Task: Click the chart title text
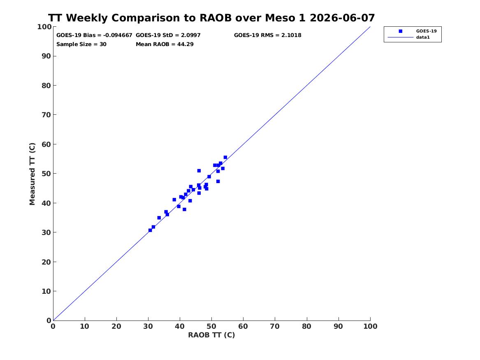[x=211, y=18]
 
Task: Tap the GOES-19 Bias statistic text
[x=94, y=35]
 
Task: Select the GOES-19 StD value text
[x=168, y=35]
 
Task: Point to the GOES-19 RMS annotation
[x=267, y=35]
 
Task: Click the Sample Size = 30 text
[x=81, y=44]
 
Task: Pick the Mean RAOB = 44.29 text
[x=165, y=44]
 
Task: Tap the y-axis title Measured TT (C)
[x=32, y=174]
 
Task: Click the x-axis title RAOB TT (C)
[x=211, y=335]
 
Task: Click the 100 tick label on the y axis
[x=44, y=27]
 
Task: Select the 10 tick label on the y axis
[x=46, y=291]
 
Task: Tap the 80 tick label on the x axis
[x=307, y=326]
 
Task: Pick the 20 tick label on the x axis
[x=116, y=326]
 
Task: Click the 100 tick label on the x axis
[x=371, y=326]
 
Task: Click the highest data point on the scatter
[x=225, y=157]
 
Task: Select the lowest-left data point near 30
[x=150, y=230]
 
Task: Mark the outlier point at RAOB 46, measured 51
[x=199, y=171]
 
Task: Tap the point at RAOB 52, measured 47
[x=218, y=181]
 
